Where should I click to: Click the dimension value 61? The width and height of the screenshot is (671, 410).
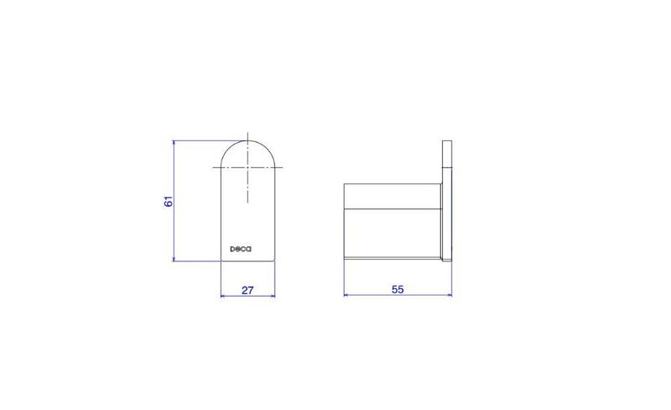(169, 201)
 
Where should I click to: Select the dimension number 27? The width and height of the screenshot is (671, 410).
(247, 291)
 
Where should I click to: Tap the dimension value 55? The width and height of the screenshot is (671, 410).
(398, 290)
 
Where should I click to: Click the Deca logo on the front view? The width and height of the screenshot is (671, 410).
(241, 249)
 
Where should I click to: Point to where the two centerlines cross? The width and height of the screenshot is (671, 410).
(247, 167)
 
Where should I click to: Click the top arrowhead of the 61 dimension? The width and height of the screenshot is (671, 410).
(174, 143)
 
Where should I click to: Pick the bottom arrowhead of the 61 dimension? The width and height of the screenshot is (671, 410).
(174, 258)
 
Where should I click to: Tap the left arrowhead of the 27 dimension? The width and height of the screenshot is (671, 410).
(223, 296)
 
